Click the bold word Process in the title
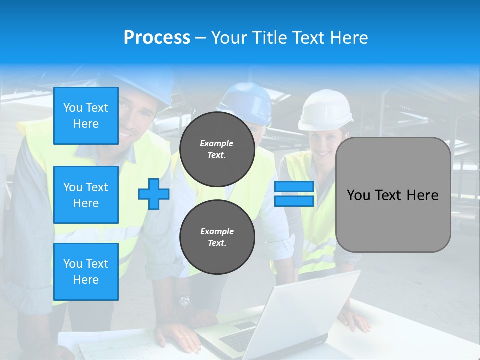click(157, 38)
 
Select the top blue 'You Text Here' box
click(86, 116)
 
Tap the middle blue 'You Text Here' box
click(86, 195)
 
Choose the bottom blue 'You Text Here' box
click(86, 272)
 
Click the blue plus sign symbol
click(154, 194)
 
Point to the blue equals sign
click(294, 194)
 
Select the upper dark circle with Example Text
click(217, 149)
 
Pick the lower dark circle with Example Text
click(217, 237)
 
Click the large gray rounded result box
click(393, 195)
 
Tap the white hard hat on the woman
click(326, 110)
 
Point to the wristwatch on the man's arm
click(185, 301)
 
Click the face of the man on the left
click(137, 120)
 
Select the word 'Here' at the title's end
click(348, 38)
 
